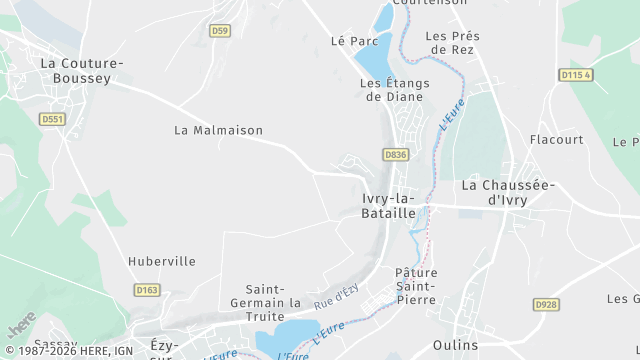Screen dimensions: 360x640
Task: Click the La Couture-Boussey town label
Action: point(81,70)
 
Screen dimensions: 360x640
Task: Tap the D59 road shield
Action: point(220,31)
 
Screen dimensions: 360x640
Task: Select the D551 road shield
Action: point(52,119)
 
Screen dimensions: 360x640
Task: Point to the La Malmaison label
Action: point(218,130)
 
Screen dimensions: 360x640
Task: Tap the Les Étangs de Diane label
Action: point(391,90)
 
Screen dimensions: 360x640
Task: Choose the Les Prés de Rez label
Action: point(452,43)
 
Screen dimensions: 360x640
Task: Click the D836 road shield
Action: point(395,154)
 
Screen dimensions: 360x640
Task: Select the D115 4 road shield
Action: point(576,75)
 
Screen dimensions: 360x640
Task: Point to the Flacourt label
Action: point(556,139)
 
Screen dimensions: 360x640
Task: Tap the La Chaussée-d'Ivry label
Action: point(508,192)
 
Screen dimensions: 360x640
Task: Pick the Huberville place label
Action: point(162,261)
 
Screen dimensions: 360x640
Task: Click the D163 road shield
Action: point(147,290)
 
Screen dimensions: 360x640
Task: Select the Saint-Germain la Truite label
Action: point(273,296)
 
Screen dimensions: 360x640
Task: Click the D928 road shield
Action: point(545,304)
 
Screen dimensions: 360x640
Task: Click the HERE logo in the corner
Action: point(21,326)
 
